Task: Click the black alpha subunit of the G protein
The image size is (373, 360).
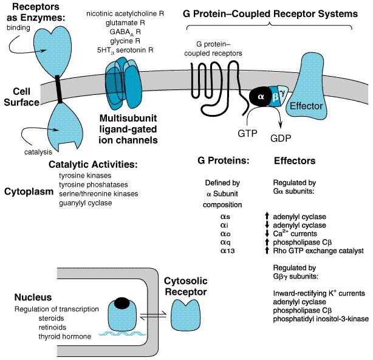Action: coord(261,97)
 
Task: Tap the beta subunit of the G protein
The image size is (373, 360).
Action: coord(275,97)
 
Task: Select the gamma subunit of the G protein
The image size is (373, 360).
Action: coord(283,94)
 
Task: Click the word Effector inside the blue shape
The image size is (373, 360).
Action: coord(306,106)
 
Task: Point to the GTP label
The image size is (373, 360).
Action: coord(247,134)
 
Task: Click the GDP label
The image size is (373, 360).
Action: coord(281,138)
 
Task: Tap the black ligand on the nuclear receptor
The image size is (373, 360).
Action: coord(122,303)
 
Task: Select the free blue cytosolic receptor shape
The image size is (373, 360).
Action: coord(186,315)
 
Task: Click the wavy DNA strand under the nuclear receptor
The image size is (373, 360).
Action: coord(122,334)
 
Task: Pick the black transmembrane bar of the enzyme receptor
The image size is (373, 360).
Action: coord(58,89)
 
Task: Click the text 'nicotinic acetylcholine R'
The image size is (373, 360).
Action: coord(125,14)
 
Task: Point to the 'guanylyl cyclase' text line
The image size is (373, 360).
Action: coord(86,203)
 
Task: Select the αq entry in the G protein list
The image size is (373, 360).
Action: coord(225,243)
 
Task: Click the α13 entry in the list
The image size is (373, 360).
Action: coord(228,251)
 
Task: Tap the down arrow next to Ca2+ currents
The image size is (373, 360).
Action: coord(267,234)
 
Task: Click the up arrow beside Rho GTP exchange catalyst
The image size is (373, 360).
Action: coord(267,251)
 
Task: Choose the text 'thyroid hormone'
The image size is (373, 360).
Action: coord(65,336)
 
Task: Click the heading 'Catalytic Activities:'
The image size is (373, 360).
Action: coord(94,165)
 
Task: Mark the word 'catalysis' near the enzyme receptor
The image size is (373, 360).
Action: coord(38,152)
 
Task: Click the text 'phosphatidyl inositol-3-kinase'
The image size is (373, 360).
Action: coord(321,319)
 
